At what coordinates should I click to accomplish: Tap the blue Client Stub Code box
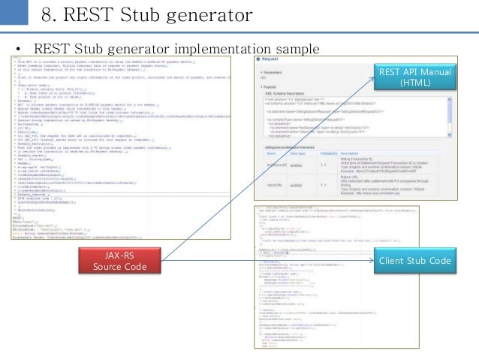click(x=415, y=260)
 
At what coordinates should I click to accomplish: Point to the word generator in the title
click(x=205, y=15)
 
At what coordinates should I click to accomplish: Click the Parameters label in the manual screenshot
click(x=273, y=73)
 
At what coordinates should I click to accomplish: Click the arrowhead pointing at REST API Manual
click(x=375, y=80)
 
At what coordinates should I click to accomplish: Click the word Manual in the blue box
click(x=432, y=72)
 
